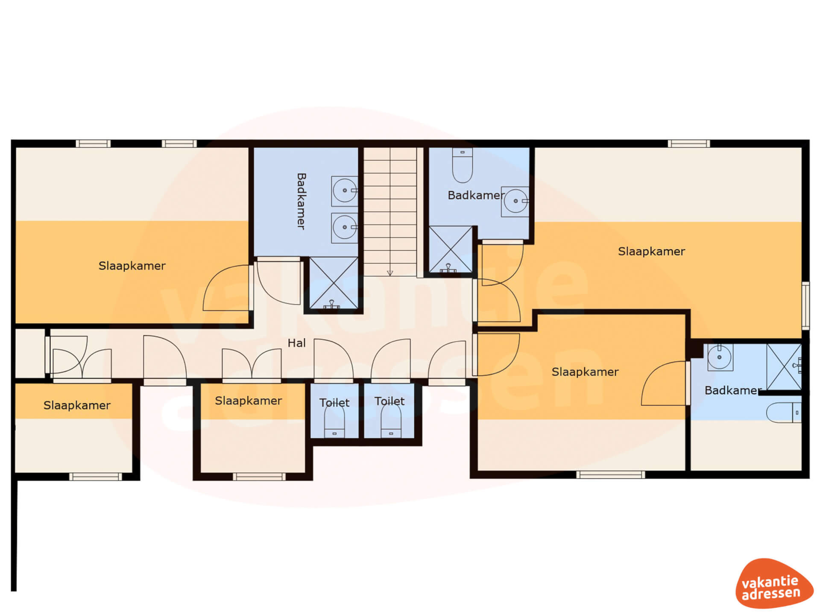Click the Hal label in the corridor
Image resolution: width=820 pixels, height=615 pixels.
(x=296, y=343)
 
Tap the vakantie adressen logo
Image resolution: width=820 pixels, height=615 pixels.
(x=773, y=583)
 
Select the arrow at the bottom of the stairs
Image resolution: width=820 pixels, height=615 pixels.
(x=390, y=273)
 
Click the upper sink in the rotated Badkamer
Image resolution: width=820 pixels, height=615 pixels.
(x=345, y=191)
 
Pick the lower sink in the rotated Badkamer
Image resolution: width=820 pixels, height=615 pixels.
(x=345, y=228)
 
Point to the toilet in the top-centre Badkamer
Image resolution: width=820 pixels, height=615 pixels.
(x=462, y=165)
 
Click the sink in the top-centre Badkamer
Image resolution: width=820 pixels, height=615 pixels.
(x=515, y=201)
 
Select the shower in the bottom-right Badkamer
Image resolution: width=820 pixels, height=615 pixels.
(x=784, y=367)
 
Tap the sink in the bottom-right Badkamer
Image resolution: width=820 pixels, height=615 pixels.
(x=720, y=357)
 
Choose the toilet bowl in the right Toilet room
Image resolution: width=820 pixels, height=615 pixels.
(x=391, y=421)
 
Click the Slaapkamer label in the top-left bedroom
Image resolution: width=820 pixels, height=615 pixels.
(x=132, y=266)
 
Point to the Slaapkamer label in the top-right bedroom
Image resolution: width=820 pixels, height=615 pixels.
(x=651, y=252)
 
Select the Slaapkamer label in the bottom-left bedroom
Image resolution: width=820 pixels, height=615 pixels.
(x=77, y=405)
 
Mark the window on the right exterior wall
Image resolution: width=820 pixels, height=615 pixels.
(x=805, y=305)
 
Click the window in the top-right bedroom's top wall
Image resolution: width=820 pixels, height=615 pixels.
(x=689, y=144)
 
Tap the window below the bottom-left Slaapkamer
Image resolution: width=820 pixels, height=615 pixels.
(x=96, y=477)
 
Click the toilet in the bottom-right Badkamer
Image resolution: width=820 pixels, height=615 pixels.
(x=784, y=413)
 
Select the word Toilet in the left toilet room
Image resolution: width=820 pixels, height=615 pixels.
(x=334, y=403)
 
